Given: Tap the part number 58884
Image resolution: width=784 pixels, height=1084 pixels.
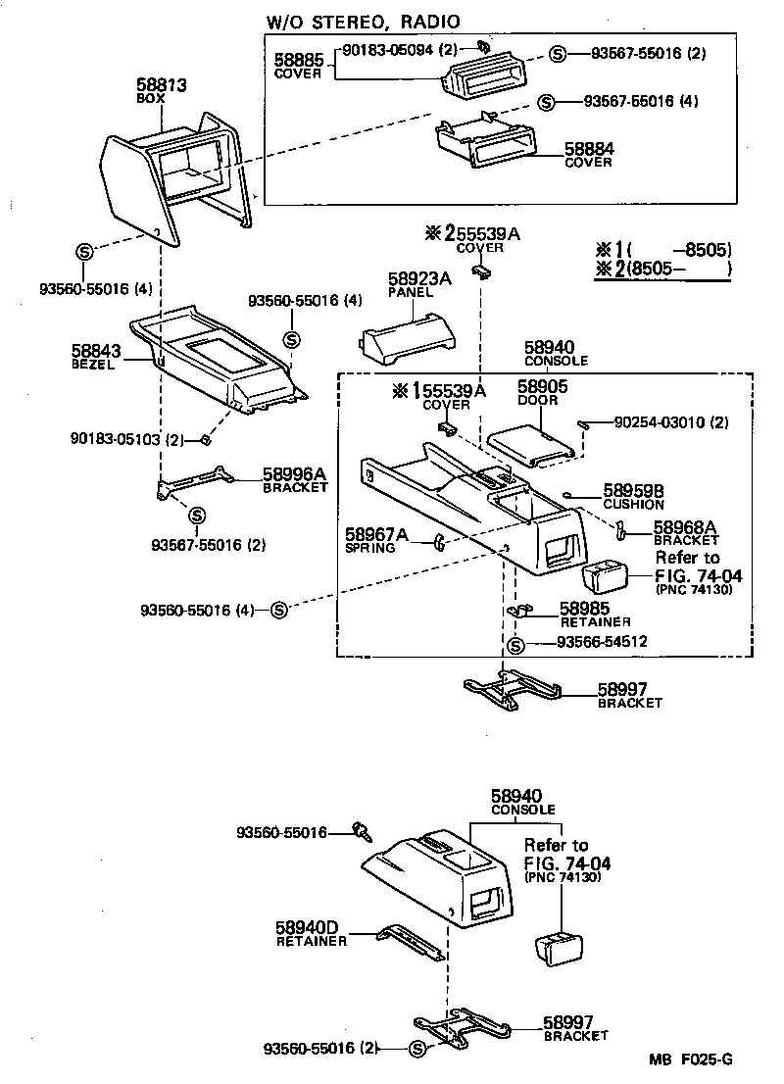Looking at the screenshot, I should click(588, 149).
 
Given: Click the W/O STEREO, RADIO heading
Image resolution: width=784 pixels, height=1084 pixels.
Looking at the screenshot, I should click(364, 22).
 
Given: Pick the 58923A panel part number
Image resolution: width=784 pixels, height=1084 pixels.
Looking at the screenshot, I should click(418, 279).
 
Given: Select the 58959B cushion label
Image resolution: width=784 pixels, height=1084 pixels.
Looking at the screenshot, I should click(634, 489).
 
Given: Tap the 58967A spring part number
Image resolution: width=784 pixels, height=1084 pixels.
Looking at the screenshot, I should click(375, 534).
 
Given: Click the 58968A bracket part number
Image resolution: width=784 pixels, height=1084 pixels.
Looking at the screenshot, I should click(685, 527).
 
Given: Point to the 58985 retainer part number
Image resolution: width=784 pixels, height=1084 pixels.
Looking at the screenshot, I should click(585, 609).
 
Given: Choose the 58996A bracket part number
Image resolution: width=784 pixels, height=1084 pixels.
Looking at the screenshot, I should click(294, 473).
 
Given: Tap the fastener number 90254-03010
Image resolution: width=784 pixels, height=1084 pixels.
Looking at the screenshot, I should click(660, 422).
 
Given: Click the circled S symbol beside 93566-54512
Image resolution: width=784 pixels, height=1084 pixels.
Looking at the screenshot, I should click(518, 644).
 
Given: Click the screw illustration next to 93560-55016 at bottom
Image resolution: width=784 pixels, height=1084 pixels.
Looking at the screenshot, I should click(365, 832).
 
